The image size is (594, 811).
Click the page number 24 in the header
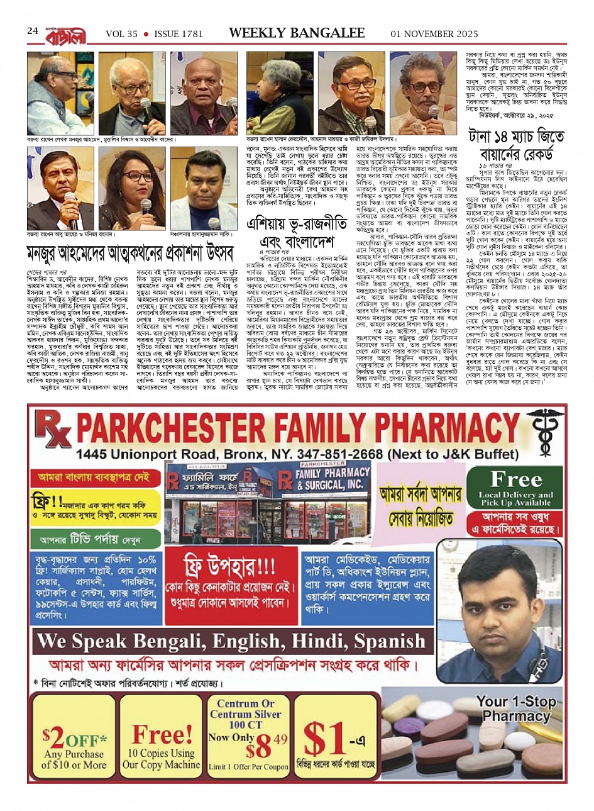[x=33, y=31]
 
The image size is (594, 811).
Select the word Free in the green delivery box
[x=516, y=480]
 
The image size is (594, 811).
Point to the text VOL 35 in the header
[x=121, y=33]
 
